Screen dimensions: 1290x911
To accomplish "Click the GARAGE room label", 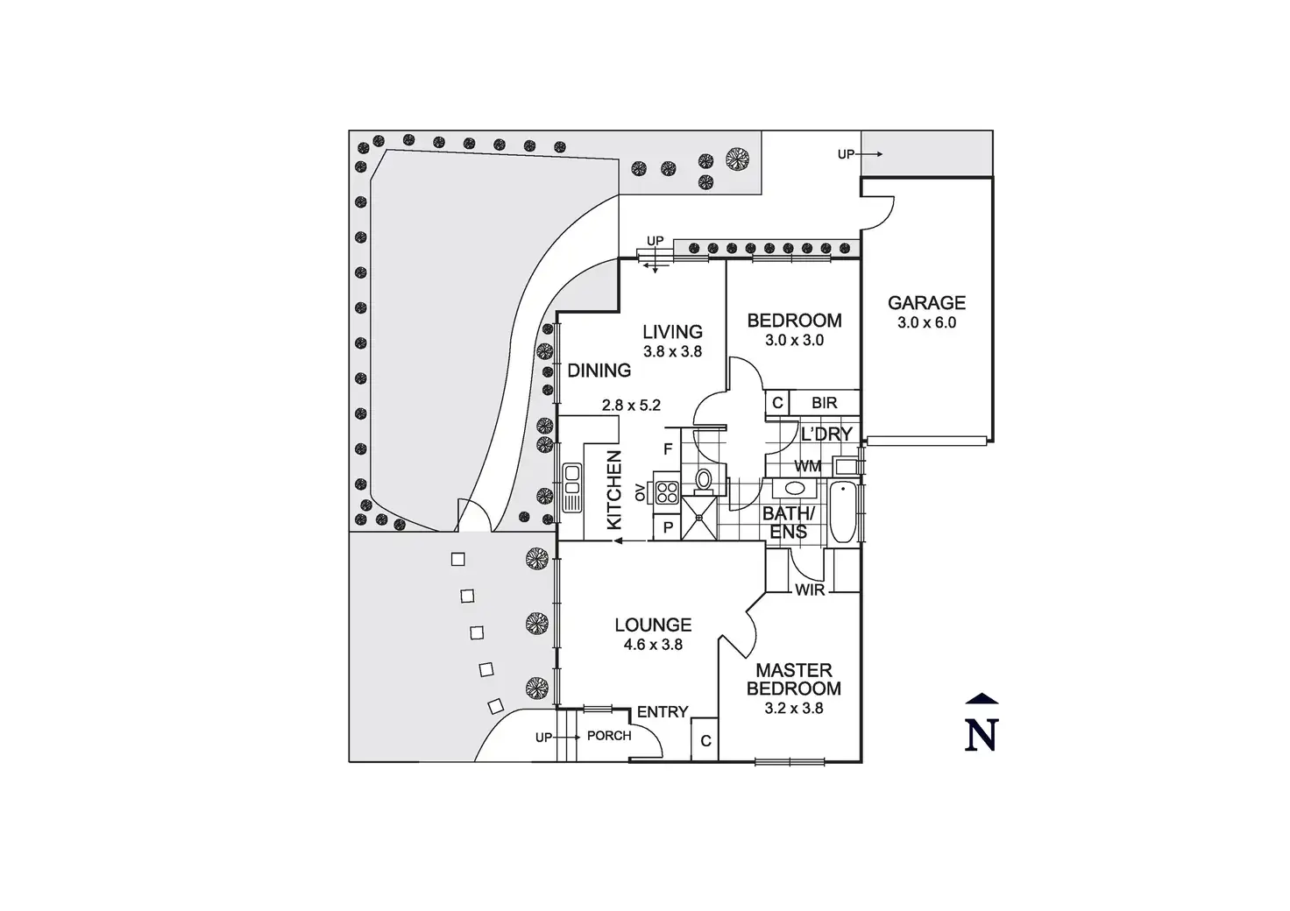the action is pos(926,303).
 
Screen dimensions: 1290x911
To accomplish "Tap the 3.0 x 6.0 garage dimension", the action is pos(926,323).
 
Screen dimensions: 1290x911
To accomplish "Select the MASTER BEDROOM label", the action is pos(794,679).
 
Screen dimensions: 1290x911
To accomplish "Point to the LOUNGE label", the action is pos(653,625).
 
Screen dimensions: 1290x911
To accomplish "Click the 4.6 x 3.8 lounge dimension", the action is pos(653,645).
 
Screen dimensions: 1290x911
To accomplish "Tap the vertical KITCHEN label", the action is pos(614,490).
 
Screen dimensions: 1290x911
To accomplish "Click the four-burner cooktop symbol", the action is pos(668,493).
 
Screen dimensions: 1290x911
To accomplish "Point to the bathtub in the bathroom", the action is pos(843,512).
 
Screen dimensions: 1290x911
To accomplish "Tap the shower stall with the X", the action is pos(699,519).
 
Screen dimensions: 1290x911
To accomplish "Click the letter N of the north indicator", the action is pos(982,736).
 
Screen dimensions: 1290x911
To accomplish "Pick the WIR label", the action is pos(810,590).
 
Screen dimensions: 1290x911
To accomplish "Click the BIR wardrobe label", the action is pos(824,403).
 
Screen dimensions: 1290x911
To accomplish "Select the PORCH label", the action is pos(609,736).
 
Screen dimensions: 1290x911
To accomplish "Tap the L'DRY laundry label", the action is pos(826,434).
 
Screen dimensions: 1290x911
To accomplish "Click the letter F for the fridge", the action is pos(668,448).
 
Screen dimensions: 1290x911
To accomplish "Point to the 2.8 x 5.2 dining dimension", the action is pos(631,406).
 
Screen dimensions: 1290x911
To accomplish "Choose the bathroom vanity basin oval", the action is pos(796,489).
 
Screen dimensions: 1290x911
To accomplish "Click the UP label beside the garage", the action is pos(846,154).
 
